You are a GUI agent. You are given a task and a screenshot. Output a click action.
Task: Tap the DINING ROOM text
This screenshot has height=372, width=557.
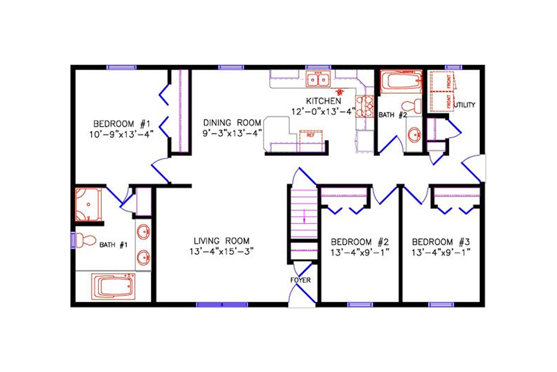(232, 123)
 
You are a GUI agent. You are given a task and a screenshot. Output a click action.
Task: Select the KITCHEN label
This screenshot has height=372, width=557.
(324, 101)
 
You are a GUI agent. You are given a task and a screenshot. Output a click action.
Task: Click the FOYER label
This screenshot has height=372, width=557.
(300, 280)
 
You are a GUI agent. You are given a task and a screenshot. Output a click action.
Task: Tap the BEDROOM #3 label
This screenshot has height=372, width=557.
(441, 242)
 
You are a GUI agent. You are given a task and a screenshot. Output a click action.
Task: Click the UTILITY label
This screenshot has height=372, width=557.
(465, 105)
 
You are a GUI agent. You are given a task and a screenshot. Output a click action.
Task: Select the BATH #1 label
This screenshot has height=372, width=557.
(113, 245)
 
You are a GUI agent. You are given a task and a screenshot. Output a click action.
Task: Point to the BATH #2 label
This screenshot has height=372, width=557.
(393, 114)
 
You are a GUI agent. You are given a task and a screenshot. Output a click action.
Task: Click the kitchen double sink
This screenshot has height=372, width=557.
(318, 80)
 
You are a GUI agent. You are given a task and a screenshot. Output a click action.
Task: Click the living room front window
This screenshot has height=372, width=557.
(222, 305)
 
